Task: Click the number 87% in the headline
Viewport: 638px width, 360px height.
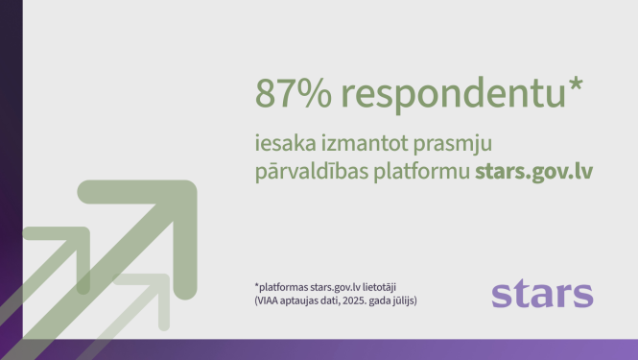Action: pyautogui.click(x=290, y=94)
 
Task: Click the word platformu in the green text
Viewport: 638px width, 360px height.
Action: pyautogui.click(x=422, y=173)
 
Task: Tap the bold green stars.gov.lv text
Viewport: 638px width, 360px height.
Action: pyautogui.click(x=532, y=173)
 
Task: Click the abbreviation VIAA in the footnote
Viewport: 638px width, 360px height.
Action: pyautogui.click(x=270, y=300)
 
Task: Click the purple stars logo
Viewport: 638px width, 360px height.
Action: pyautogui.click(x=542, y=293)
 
